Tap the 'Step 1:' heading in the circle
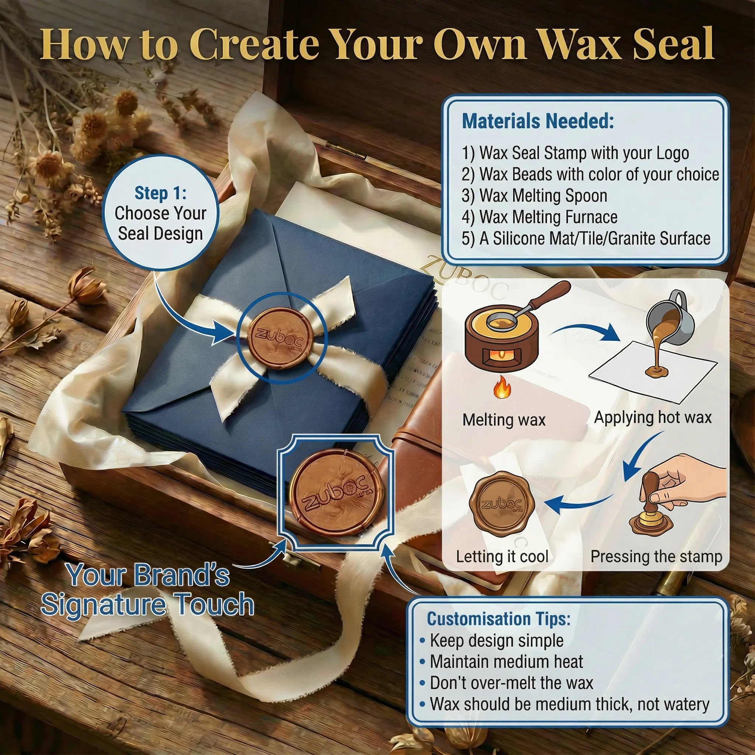(160, 193)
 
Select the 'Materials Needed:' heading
(538, 121)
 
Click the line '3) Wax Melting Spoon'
(534, 195)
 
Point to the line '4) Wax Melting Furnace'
(539, 217)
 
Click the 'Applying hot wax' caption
(653, 417)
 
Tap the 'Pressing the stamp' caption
(656, 556)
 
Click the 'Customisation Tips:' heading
(498, 619)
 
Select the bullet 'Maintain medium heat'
(506, 662)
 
